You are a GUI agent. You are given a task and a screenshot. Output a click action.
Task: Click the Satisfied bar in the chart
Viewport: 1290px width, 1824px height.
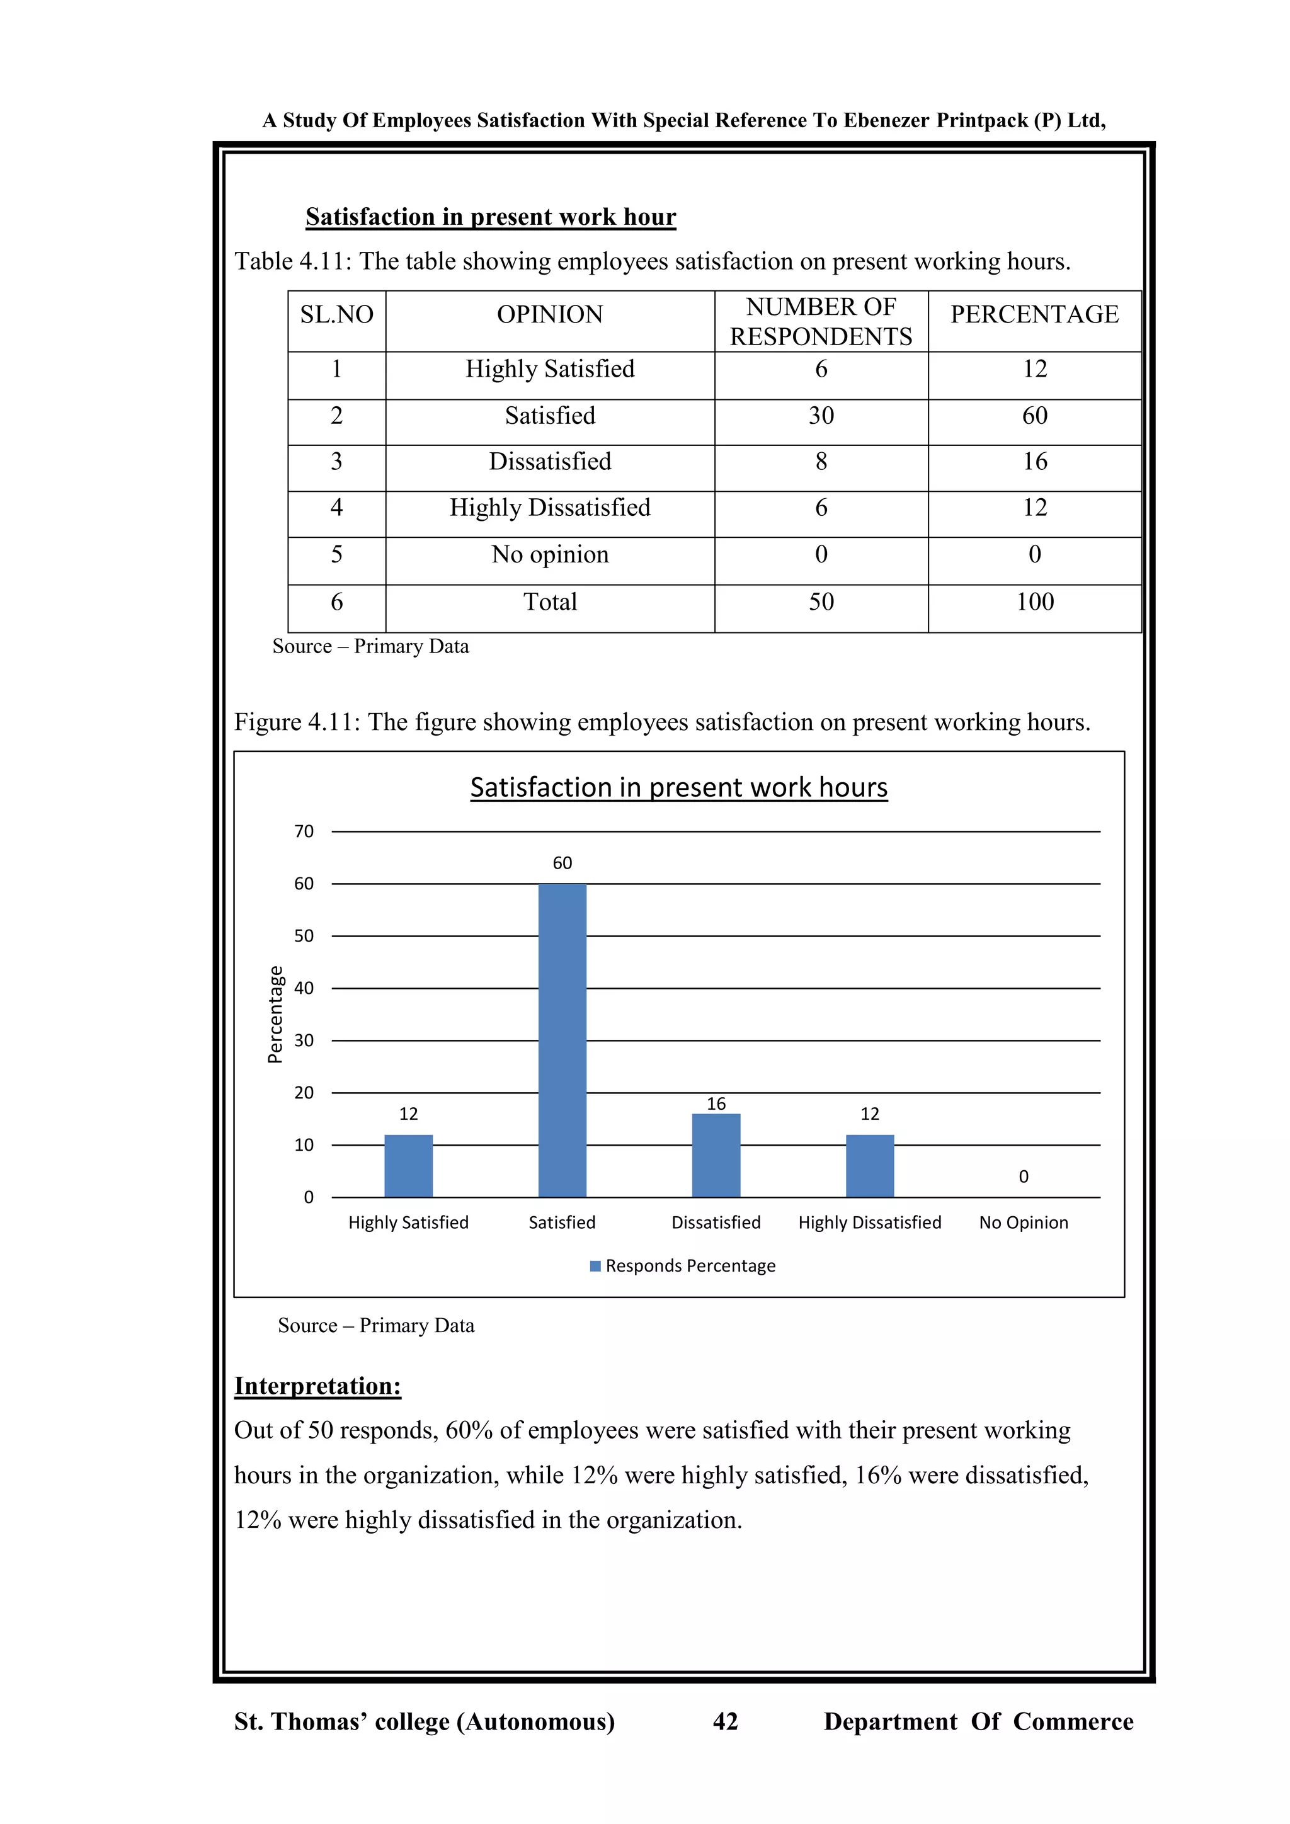click(562, 1040)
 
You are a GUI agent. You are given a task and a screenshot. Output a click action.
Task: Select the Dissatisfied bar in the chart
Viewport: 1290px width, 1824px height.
click(716, 1156)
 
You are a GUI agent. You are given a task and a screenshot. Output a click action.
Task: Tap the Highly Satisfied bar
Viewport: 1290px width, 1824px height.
click(408, 1166)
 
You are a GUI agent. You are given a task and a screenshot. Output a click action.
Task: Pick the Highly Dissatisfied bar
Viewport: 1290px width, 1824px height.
click(870, 1166)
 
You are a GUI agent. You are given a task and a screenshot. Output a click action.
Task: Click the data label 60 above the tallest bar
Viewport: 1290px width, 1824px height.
click(562, 863)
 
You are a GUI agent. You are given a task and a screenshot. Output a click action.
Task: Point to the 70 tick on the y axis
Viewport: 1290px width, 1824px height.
click(304, 832)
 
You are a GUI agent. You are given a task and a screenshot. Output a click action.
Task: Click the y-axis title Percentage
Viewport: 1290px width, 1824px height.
click(275, 1015)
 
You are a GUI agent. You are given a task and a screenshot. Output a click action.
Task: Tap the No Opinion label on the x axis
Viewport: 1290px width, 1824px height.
click(1023, 1223)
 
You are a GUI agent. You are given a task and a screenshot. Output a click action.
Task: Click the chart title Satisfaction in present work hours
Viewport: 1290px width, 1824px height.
click(678, 787)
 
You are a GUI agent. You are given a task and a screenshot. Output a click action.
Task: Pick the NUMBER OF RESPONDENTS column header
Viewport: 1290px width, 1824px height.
click(821, 322)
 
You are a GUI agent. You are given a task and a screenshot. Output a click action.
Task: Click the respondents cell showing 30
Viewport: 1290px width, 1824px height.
click(821, 416)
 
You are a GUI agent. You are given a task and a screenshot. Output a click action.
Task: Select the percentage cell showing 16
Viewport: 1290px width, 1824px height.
click(1034, 462)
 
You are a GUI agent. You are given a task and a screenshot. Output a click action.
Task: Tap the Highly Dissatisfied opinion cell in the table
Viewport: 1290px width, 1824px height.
click(550, 508)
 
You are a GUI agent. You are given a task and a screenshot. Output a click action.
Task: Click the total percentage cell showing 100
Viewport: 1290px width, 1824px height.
click(1034, 601)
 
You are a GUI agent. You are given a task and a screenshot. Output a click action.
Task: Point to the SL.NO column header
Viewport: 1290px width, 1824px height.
click(337, 314)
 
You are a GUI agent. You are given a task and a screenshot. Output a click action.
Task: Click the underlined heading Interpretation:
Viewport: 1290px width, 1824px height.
click(317, 1386)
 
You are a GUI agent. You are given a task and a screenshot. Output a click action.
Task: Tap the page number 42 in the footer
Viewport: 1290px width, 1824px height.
click(725, 1721)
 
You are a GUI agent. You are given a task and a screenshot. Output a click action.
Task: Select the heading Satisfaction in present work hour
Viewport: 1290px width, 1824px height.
click(490, 217)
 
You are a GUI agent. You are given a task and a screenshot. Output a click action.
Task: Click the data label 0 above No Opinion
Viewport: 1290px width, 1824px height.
click(1023, 1177)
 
